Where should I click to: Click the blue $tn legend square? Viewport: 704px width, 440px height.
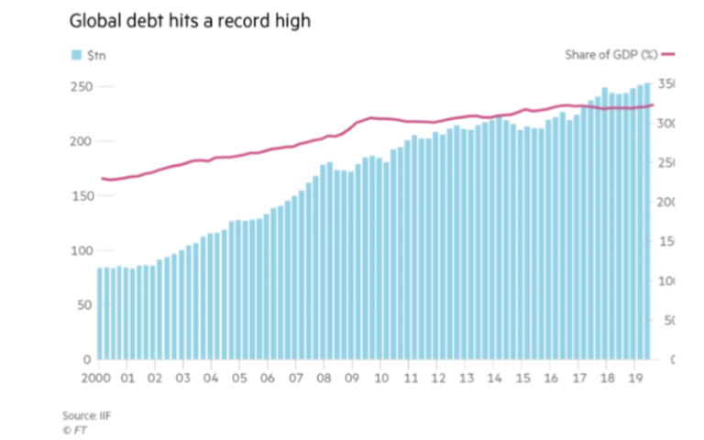tap(78, 55)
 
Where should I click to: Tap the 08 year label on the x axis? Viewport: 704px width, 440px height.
tap(324, 378)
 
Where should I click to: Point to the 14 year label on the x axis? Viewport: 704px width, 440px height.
tap(494, 378)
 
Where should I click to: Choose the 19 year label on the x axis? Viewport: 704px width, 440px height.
tap(635, 378)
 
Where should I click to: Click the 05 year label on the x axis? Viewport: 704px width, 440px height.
tap(239, 378)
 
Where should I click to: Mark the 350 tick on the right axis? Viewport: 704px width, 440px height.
tap(666, 84)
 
